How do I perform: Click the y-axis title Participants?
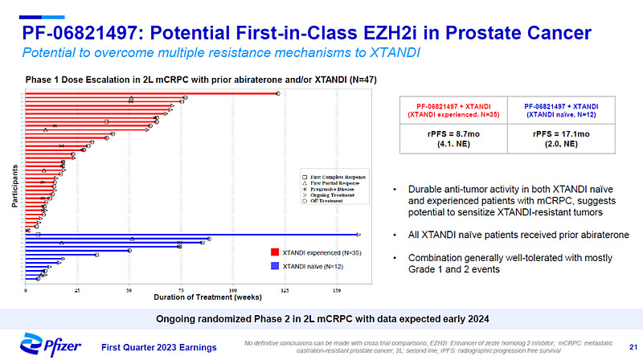coord(16,187)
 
